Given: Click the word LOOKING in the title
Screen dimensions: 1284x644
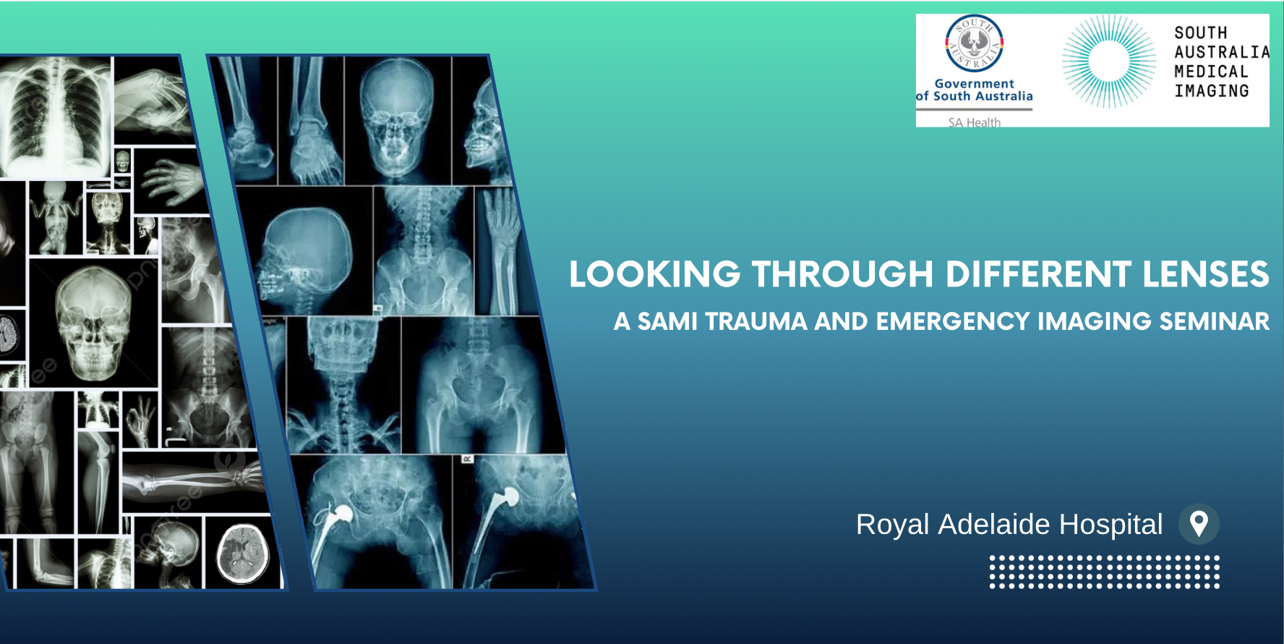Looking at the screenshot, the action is coord(655,274).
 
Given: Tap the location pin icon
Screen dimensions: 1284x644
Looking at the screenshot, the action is coord(1199,524).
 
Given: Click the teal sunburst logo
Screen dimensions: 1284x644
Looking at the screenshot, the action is coord(1108,62).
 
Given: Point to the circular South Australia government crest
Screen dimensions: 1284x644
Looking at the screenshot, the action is coord(975,43).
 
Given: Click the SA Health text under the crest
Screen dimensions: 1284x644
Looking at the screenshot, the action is coord(975,122).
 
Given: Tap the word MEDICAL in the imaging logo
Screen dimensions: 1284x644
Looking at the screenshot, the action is coord(1211,72).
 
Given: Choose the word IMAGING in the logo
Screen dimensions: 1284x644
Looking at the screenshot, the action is coord(1212,91).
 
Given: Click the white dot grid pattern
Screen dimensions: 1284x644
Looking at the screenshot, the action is coord(1105,572).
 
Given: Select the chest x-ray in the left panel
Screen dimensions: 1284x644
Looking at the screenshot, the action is coord(56,117).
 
